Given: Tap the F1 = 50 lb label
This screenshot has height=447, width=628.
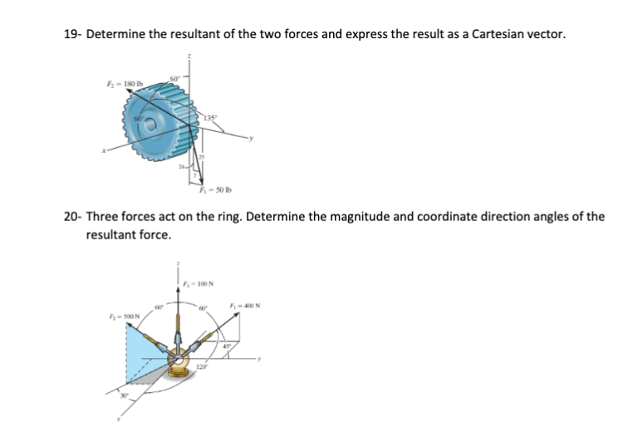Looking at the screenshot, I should pos(202,194).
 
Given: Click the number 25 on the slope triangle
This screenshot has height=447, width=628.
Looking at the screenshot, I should pos(199,158).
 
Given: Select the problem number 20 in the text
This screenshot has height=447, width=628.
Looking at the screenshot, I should pos(71,217).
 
